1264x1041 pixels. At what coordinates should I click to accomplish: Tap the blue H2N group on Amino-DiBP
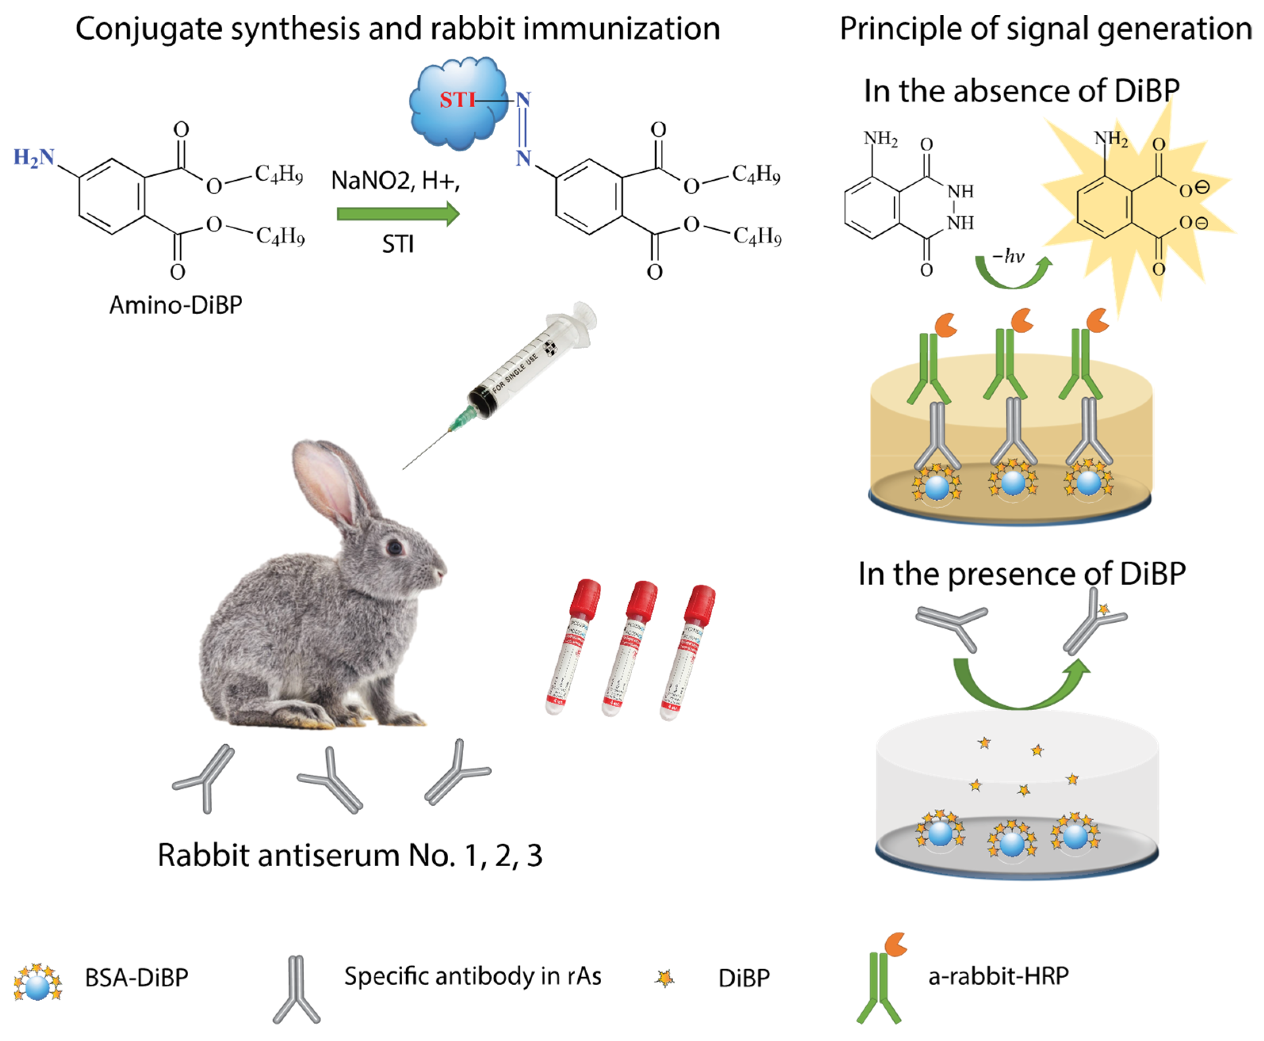34,158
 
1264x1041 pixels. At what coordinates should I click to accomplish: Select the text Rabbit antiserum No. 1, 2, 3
350,856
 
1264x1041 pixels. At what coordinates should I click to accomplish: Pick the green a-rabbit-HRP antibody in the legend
879,984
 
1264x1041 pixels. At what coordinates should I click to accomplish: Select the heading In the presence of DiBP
1022,574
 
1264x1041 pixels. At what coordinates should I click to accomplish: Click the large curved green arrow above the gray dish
1020,690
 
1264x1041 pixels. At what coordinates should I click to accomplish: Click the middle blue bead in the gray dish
1012,844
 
